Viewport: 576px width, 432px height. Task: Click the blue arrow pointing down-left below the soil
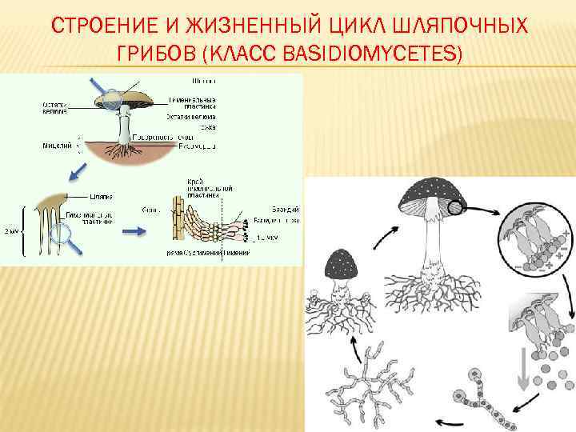pyautogui.click(x=78, y=170)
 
